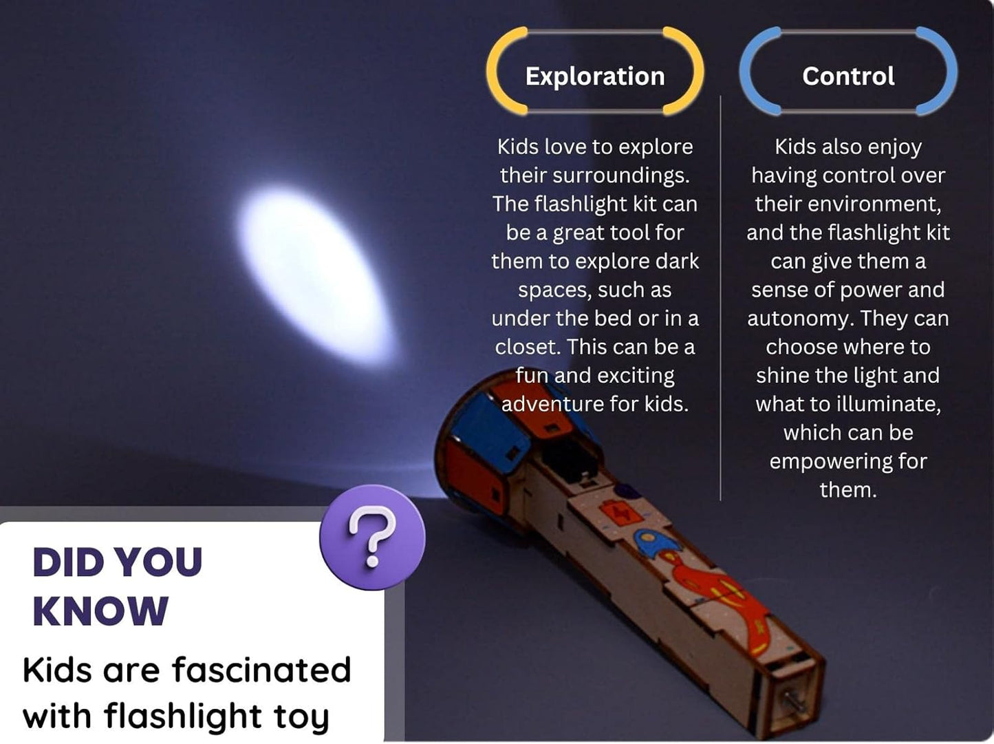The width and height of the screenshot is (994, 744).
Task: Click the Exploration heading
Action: click(x=595, y=76)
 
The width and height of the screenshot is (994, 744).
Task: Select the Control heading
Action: click(x=848, y=76)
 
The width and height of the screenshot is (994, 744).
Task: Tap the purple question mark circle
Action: click(x=372, y=538)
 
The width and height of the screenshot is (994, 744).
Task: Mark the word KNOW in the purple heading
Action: click(x=100, y=611)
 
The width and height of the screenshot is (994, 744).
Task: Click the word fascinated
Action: click(x=261, y=670)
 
